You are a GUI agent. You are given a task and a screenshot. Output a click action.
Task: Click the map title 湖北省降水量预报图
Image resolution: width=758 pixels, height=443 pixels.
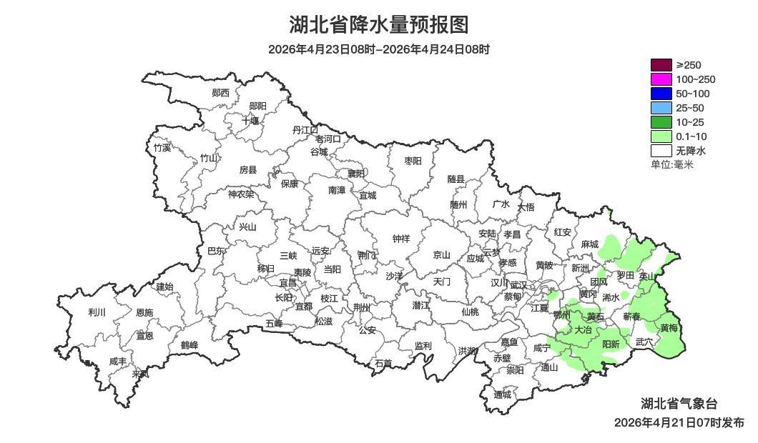pyautogui.click(x=379, y=25)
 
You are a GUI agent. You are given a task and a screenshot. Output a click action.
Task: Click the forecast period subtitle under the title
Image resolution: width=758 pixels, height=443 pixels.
pyautogui.click(x=379, y=49)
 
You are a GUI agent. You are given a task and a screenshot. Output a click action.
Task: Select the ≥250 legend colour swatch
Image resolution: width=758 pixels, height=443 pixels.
pyautogui.click(x=661, y=65)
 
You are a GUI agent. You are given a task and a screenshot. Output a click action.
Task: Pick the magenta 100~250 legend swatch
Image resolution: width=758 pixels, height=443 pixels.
pyautogui.click(x=661, y=79)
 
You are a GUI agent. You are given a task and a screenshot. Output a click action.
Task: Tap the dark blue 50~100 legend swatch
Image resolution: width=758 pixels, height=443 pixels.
pyautogui.click(x=661, y=94)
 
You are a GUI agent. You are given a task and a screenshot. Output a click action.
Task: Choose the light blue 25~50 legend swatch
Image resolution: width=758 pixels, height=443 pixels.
pyautogui.click(x=661, y=108)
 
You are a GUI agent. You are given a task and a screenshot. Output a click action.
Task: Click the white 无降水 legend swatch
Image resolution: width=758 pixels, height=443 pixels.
pyautogui.click(x=661, y=151)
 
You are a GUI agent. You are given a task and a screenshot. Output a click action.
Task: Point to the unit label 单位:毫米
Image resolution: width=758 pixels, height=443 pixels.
pyautogui.click(x=672, y=164)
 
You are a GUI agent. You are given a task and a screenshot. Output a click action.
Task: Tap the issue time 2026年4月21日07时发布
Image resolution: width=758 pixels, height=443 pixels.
pyautogui.click(x=679, y=423)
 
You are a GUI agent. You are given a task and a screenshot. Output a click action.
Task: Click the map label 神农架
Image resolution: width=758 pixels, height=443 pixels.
pyautogui.click(x=241, y=194)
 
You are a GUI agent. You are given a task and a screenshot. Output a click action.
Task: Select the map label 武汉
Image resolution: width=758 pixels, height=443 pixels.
pyautogui.click(x=518, y=285)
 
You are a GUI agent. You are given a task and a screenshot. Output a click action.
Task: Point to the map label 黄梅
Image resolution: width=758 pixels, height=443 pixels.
pyautogui.click(x=669, y=329)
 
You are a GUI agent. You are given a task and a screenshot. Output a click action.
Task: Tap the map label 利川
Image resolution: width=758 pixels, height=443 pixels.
pyautogui.click(x=97, y=312)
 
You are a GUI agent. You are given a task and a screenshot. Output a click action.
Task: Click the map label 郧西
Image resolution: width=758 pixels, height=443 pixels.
pyautogui.click(x=221, y=93)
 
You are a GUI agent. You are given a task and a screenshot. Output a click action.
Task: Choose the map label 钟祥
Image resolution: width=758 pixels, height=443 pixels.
pyautogui.click(x=401, y=239)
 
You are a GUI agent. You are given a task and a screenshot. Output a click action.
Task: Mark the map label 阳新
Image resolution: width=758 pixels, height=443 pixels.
pyautogui.click(x=611, y=344)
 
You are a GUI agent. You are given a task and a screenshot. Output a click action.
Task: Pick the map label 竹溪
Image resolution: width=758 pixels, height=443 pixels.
pyautogui.click(x=162, y=148)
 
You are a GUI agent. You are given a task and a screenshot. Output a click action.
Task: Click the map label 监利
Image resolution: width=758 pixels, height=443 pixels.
pyautogui.click(x=423, y=346)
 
